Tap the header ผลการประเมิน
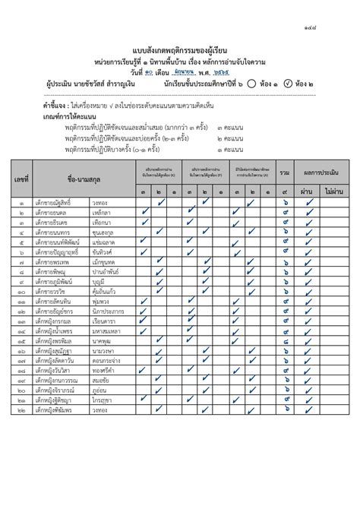[323, 173]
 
